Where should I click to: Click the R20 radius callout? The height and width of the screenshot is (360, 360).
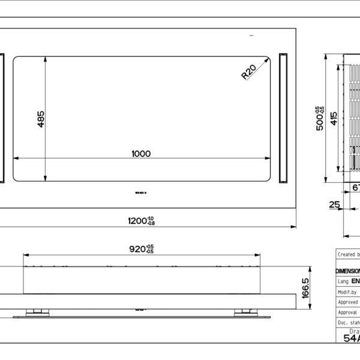[248, 73]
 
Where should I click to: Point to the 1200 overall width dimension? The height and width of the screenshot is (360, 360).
[142, 221]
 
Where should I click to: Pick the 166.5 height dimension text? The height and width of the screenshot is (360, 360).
[306, 288]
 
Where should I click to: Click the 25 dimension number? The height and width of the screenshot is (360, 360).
[334, 205]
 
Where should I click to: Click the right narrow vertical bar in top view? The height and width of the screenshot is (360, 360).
[284, 118]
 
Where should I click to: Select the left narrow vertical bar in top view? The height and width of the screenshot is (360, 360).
[2, 118]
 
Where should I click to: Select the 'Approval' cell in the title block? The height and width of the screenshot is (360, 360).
[348, 313]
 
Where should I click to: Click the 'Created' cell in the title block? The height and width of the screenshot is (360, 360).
[348, 254]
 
